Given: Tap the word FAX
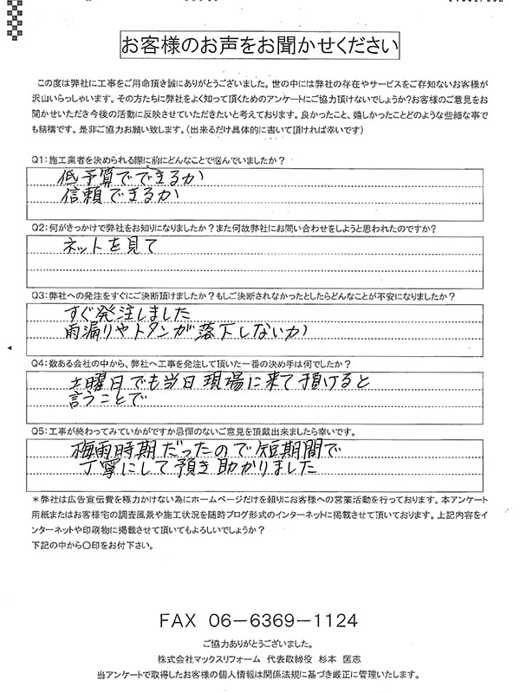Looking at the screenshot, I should pos(181,622).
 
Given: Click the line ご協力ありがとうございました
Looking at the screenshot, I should pos(259,645).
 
